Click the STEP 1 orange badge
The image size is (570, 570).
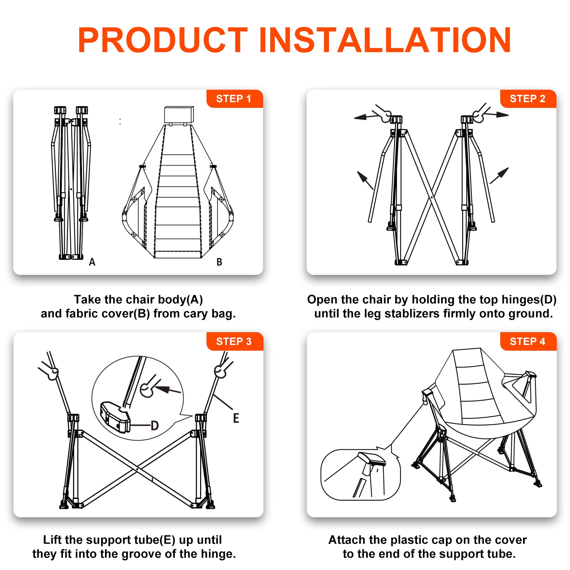tap(235, 99)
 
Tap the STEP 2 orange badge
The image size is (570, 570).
tap(528, 99)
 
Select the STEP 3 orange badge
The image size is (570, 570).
tap(235, 341)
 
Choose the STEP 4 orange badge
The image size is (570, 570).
tap(528, 341)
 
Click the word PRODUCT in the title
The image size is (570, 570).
tap(163, 40)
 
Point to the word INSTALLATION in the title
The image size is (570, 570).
tap(385, 40)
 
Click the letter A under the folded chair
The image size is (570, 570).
tap(92, 262)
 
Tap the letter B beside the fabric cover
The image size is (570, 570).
tap(219, 262)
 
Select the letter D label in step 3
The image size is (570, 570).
tap(155, 425)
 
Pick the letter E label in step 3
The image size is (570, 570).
tap(236, 418)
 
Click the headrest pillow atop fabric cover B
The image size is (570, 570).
tap(179, 115)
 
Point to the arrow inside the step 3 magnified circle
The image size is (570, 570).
tap(168, 389)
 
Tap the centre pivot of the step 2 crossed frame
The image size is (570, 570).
tap(432, 197)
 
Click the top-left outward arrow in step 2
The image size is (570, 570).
tap(366, 116)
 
